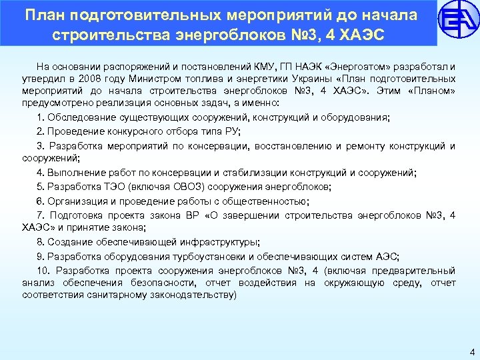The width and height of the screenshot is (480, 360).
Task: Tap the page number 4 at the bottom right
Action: coord(471,352)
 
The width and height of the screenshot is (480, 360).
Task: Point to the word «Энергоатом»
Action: coord(359,67)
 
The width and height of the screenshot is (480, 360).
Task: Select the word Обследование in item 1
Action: coord(75,117)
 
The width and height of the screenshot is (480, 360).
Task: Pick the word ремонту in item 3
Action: coord(356,146)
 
